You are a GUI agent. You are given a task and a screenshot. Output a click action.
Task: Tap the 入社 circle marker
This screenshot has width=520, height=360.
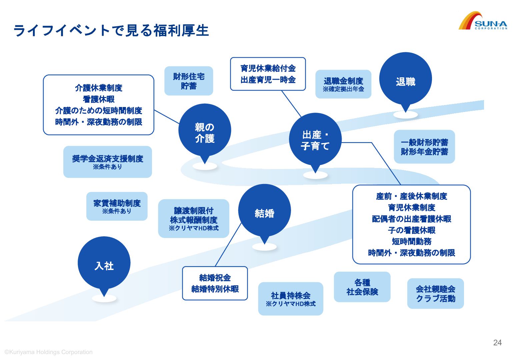point(104,263)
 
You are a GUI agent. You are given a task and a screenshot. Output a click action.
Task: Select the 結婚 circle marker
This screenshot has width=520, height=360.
point(264,211)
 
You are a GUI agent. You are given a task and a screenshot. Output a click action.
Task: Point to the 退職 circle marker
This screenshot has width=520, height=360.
point(405,79)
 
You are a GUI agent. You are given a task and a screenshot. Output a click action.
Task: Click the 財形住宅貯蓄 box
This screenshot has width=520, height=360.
point(189,81)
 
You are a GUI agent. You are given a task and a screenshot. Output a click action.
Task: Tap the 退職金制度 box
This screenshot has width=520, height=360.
point(343,84)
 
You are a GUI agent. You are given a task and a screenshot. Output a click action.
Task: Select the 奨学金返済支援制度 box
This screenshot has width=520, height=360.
point(107,162)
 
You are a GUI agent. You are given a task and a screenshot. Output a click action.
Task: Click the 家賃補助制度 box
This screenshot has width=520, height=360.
point(117,206)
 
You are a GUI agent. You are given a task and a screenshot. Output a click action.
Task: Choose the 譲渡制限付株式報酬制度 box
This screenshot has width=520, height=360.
point(193,218)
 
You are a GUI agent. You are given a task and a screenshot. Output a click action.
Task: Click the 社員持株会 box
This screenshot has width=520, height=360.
point(290,298)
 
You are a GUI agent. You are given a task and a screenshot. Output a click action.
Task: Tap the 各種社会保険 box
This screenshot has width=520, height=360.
point(362,287)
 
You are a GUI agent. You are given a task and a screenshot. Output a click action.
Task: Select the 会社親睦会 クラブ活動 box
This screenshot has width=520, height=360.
point(435,293)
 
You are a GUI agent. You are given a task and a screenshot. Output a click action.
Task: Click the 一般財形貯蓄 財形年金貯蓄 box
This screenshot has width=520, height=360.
point(424,147)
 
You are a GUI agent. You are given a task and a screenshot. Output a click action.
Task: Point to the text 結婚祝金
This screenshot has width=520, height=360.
point(215,278)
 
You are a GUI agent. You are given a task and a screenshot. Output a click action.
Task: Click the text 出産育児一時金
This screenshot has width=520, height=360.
point(268,80)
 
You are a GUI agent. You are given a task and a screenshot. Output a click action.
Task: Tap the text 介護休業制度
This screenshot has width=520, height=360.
point(99,88)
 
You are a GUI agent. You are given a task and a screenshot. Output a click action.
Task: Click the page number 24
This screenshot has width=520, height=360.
point(497,343)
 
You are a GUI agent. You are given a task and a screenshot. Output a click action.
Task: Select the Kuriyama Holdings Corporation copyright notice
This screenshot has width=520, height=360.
point(49,352)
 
